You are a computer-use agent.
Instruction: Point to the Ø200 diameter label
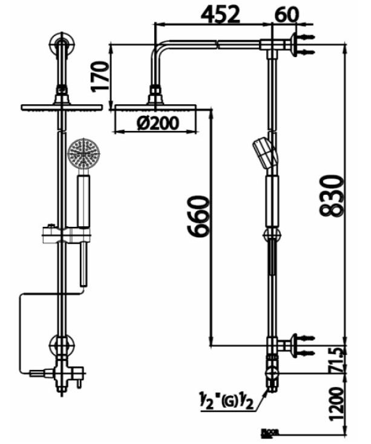tap(157, 123)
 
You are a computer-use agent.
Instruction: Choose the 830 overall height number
tap(332, 195)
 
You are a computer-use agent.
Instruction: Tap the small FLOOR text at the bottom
tap(267, 432)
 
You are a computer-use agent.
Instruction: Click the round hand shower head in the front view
tap(83, 153)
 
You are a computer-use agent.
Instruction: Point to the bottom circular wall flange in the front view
tap(61, 347)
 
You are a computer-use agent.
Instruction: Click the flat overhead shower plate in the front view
tap(61, 107)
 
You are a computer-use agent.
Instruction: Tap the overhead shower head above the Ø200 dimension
tap(155, 107)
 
